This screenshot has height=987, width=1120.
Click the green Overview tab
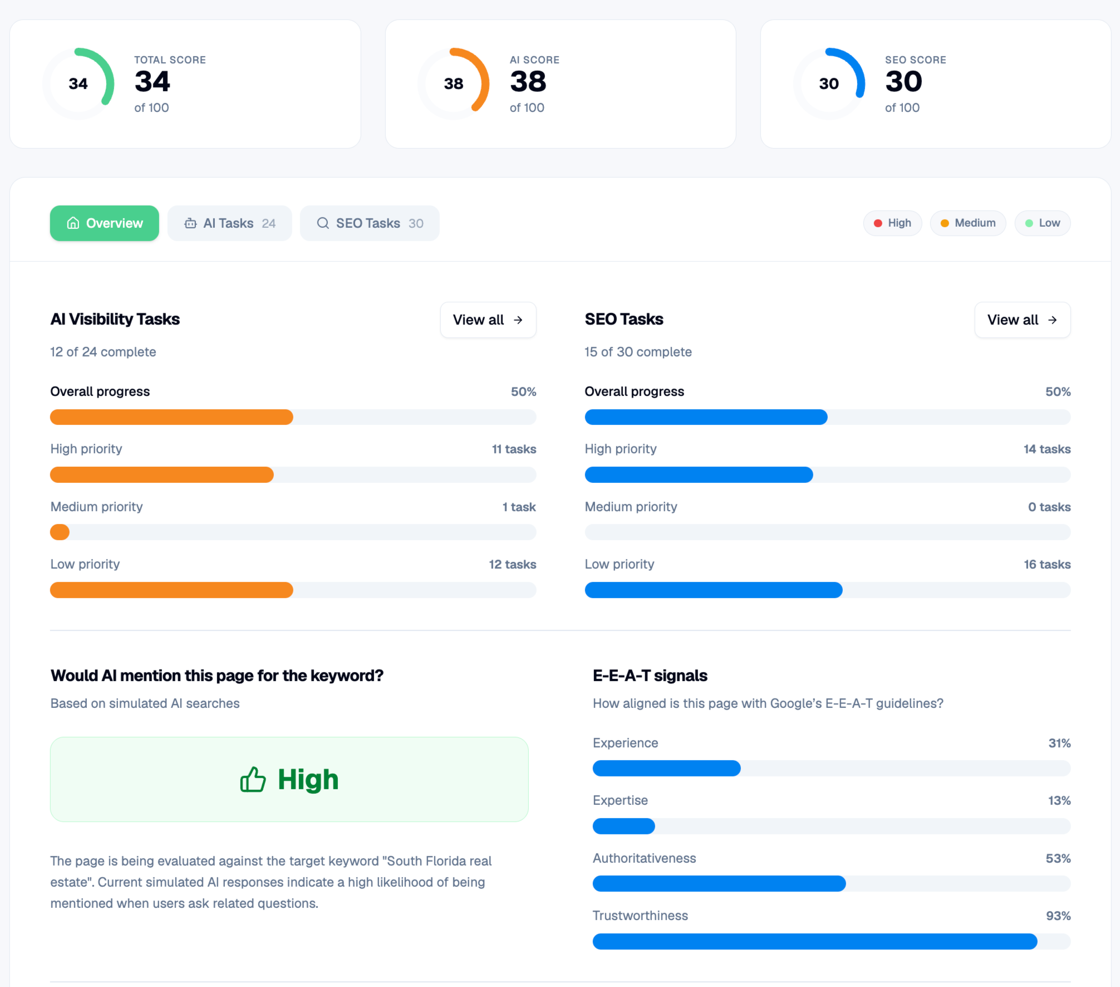pos(105,223)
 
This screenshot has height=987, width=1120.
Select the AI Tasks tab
pos(230,223)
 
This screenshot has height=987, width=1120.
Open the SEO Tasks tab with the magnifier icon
pos(370,223)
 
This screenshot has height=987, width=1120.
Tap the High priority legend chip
pos(892,223)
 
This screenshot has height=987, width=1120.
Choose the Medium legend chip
pos(968,223)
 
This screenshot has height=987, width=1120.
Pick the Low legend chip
pos(1043,223)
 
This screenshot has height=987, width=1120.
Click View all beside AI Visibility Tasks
pos(488,320)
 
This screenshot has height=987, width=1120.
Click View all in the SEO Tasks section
pos(1023,320)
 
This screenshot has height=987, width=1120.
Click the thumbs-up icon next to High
pos(253,779)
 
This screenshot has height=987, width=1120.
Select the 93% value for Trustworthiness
pos(1058,916)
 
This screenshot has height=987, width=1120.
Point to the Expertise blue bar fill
pos(624,826)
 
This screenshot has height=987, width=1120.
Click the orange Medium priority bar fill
pos(60,532)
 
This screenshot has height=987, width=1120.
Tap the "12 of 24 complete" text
pos(103,352)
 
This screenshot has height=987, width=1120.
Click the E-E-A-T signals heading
pos(650,676)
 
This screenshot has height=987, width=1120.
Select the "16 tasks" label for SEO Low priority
pos(1047,564)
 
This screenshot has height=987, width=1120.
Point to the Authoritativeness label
pos(644,858)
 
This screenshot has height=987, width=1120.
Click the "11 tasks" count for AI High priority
pos(514,449)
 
